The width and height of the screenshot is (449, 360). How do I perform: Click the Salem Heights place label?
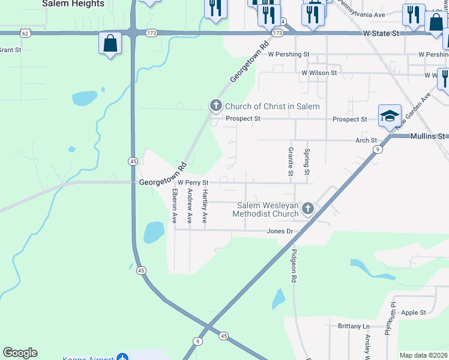pos(73,4)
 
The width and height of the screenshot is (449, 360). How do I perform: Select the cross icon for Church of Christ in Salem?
pos(215,106)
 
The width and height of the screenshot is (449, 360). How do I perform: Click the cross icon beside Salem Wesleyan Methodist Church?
pos(308,209)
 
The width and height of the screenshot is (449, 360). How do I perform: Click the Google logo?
pos(20,353)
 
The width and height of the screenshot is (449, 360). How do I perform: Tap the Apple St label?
pos(413,313)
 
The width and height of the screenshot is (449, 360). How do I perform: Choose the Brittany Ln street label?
pos(354,326)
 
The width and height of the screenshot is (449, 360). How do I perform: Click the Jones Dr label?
pos(280,231)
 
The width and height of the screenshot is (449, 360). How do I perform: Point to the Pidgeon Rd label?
pos(294,266)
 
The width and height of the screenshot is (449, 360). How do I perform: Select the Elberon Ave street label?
pos(175,206)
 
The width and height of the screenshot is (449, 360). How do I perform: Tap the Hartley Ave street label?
pos(205,206)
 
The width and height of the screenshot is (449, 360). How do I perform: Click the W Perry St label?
pos(192,182)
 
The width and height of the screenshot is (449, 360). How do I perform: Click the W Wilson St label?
pos(319,73)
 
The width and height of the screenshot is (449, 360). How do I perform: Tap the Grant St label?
pos(10,50)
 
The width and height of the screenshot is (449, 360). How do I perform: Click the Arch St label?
pos(366,140)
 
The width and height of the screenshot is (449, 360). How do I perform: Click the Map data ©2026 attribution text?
pos(423,355)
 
